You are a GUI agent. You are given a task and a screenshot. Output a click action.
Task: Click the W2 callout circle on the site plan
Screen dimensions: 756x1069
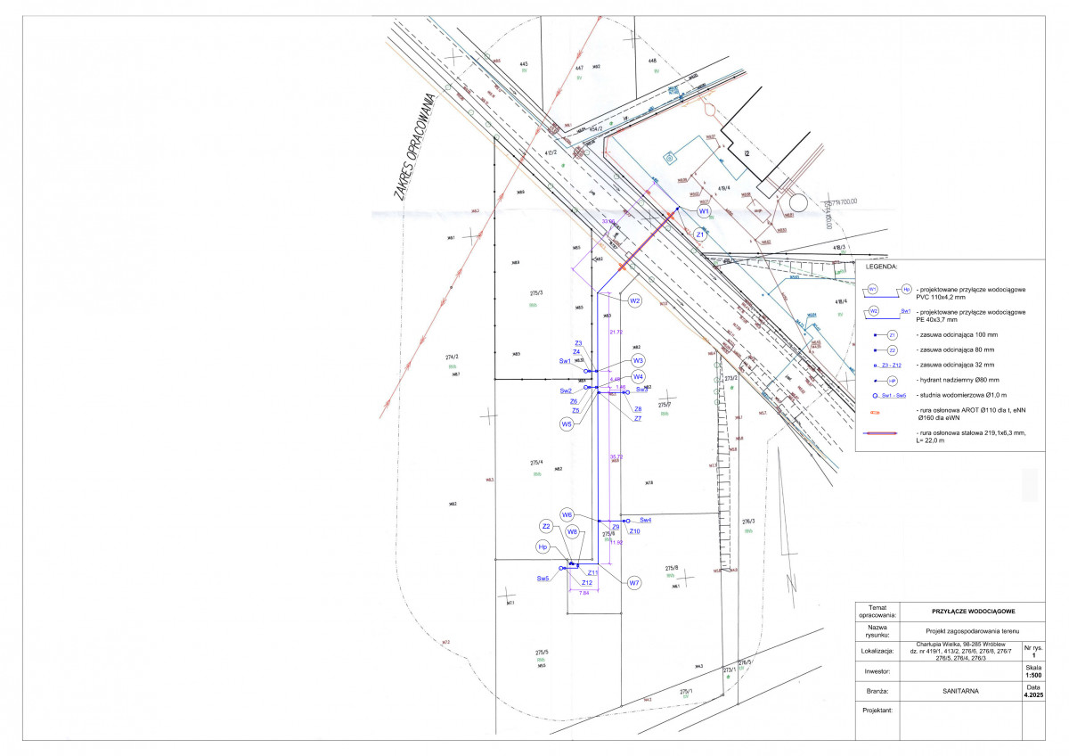click(x=635, y=301)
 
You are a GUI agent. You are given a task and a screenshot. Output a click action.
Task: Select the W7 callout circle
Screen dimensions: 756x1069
click(x=634, y=583)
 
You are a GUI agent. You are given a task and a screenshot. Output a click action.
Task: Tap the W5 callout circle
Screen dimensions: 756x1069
click(x=567, y=424)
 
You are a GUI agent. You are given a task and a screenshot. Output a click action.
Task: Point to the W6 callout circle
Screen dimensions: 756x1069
click(x=567, y=514)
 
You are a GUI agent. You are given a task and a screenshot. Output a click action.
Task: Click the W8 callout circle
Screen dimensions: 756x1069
click(x=573, y=531)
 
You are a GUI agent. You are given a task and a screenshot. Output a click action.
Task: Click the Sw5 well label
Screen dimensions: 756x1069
click(x=543, y=579)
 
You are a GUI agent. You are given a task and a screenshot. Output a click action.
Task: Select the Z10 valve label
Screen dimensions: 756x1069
click(x=634, y=531)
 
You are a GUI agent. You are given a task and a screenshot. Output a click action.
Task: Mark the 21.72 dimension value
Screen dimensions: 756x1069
click(x=615, y=332)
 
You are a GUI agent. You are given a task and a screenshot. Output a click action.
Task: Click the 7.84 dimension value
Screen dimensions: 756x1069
click(x=584, y=592)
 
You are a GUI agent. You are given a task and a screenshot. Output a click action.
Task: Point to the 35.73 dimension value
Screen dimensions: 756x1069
click(x=616, y=456)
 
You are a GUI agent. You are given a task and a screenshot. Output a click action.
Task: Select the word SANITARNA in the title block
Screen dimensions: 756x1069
click(x=959, y=690)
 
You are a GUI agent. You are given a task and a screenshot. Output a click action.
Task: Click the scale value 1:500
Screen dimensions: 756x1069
click(x=1032, y=675)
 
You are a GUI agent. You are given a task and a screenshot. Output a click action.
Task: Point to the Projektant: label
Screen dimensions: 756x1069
click(x=877, y=711)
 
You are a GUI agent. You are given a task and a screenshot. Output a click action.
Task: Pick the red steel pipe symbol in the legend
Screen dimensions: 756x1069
click(x=886, y=433)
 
